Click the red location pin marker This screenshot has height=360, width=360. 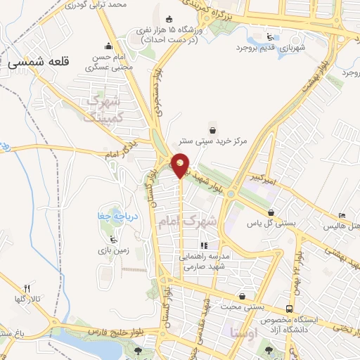click(x=181, y=164)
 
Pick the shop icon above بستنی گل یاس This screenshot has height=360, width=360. click(x=271, y=212)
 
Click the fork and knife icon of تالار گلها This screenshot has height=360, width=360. click(x=27, y=288)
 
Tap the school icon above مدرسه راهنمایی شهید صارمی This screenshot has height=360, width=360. click(x=203, y=246)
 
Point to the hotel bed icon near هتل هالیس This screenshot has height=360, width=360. click(x=342, y=215)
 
